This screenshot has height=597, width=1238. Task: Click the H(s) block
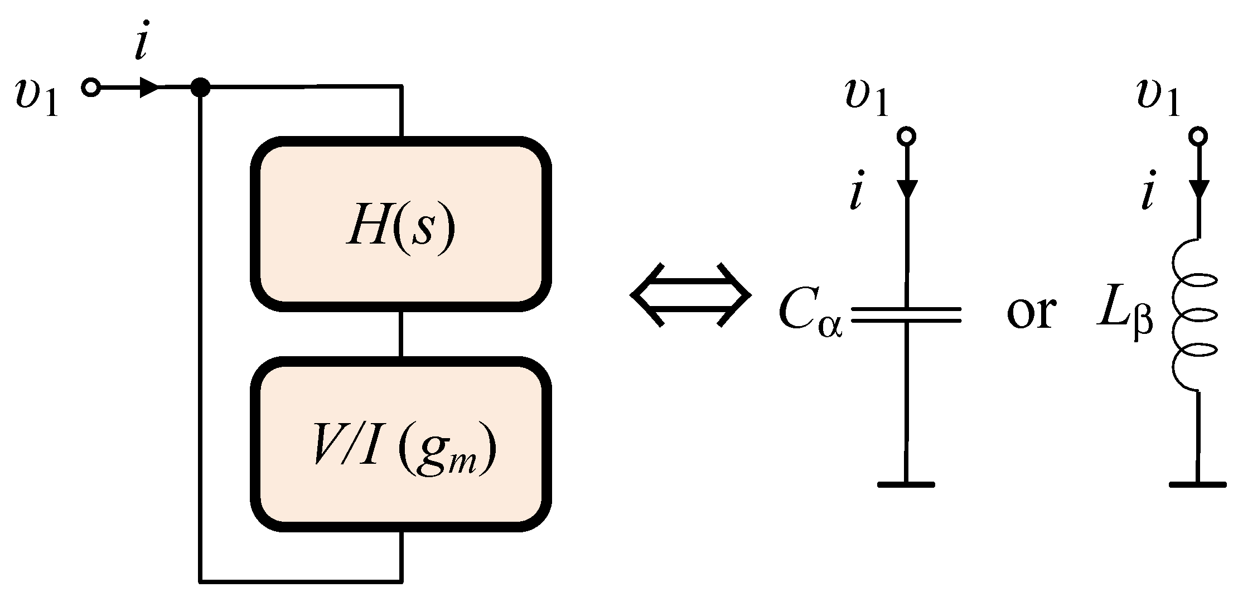(401, 224)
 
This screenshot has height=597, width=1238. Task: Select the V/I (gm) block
(401, 444)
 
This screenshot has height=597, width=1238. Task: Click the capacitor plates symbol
(906, 315)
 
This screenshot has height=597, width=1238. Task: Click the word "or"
(1031, 312)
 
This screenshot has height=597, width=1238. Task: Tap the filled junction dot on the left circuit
(200, 88)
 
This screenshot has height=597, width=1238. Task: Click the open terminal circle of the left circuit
(91, 88)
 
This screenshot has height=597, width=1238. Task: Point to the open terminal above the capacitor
(906, 136)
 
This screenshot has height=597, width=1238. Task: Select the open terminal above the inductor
(1197, 136)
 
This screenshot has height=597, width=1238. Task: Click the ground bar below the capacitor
(906, 484)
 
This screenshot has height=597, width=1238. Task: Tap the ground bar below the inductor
(1197, 484)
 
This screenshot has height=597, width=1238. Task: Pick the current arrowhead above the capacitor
(906, 189)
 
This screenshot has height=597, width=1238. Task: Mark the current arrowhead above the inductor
(1197, 189)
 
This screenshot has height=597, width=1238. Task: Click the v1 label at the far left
(37, 99)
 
